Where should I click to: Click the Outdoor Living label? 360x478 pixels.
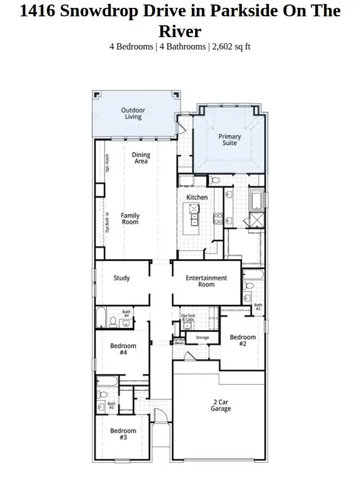click(x=133, y=114)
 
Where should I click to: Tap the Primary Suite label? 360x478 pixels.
click(x=229, y=139)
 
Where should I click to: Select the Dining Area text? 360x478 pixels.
click(x=141, y=158)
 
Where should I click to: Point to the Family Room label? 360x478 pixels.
click(x=130, y=219)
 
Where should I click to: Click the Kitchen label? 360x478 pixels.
click(x=197, y=197)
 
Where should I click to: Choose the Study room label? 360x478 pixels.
click(x=122, y=278)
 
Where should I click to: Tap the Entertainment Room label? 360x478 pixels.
click(x=206, y=281)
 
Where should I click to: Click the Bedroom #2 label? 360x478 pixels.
click(x=242, y=341)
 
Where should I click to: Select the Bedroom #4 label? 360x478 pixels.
click(x=123, y=349)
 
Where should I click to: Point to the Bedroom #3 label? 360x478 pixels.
click(x=123, y=434)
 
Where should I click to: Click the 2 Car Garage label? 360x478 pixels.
click(x=221, y=405)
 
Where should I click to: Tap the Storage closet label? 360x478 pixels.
click(x=202, y=337)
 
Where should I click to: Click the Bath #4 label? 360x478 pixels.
click(x=127, y=314)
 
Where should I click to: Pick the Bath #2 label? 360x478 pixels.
click(x=258, y=307)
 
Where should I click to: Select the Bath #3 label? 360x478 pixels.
click(x=111, y=405)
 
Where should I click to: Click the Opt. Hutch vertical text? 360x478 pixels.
click(x=107, y=163)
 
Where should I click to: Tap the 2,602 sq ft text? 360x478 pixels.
click(x=229, y=46)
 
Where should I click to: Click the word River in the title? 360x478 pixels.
click(x=180, y=30)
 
